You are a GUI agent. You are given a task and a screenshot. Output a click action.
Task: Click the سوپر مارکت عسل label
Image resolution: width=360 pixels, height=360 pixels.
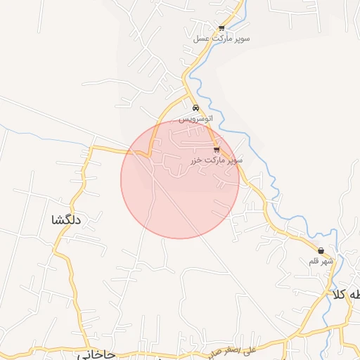(x=221, y=39)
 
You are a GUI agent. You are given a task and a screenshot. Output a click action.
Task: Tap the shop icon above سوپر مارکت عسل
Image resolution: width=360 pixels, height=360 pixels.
(x=221, y=29)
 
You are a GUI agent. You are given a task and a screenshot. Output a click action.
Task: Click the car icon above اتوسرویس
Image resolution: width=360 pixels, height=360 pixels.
(x=195, y=108)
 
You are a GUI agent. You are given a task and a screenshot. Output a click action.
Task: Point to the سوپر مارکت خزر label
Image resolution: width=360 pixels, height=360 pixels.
(x=216, y=160)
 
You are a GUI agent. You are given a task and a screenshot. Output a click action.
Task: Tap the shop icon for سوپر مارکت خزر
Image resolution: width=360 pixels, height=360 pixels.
(x=217, y=150)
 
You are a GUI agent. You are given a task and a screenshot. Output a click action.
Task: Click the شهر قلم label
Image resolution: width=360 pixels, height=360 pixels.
(x=320, y=261)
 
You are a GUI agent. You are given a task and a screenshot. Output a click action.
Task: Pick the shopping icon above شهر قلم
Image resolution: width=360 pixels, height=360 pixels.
(x=321, y=250)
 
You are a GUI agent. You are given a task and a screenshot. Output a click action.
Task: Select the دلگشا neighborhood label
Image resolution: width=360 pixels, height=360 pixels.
(x=67, y=220)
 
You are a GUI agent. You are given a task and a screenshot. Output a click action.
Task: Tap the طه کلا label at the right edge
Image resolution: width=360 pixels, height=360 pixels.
(x=347, y=295)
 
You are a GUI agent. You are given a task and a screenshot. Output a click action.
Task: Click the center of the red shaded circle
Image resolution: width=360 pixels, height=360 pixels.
(x=180, y=179)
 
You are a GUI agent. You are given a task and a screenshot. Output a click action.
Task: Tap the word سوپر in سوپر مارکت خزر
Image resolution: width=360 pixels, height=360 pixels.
(x=235, y=160)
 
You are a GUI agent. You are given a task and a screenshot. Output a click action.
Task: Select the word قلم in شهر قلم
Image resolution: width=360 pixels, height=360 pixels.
(x=314, y=261)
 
